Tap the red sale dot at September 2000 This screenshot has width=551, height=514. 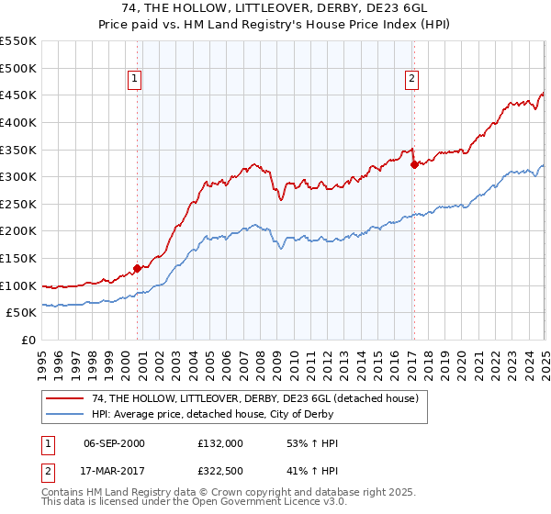pos(137,269)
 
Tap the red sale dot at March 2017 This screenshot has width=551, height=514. pos(414,165)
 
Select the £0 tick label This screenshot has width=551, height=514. pos(29,341)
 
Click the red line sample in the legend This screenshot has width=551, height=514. pos(65,398)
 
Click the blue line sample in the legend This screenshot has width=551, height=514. pos(65,414)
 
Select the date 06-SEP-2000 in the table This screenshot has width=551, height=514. pos(114,443)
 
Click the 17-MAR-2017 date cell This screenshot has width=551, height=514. pos(114,473)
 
